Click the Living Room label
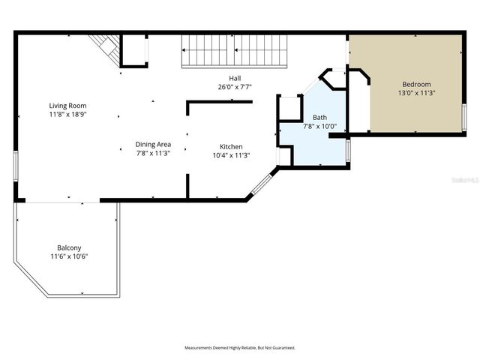tap(68, 106)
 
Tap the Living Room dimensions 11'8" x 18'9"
tap(68, 115)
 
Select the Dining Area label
tap(153, 144)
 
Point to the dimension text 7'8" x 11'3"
tap(153, 153)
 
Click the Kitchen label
tap(230, 146)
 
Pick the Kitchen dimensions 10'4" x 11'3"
tap(230, 155)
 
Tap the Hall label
tap(235, 78)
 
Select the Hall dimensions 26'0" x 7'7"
tap(235, 87)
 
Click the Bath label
tap(319, 117)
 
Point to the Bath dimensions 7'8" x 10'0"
tap(319, 126)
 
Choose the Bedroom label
tap(416, 84)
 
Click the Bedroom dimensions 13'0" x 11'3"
tap(416, 93)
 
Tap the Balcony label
tap(69, 247)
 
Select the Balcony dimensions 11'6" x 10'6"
tap(69, 256)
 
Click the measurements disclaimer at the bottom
tap(240, 348)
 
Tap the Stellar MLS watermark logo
tap(463, 181)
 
